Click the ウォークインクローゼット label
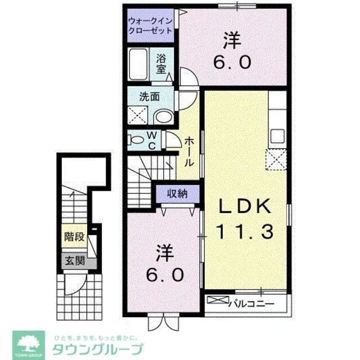(150, 26)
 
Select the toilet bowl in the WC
(135, 139)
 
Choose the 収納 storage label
(177, 194)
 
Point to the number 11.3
(245, 230)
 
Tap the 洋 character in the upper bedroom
(231, 40)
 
